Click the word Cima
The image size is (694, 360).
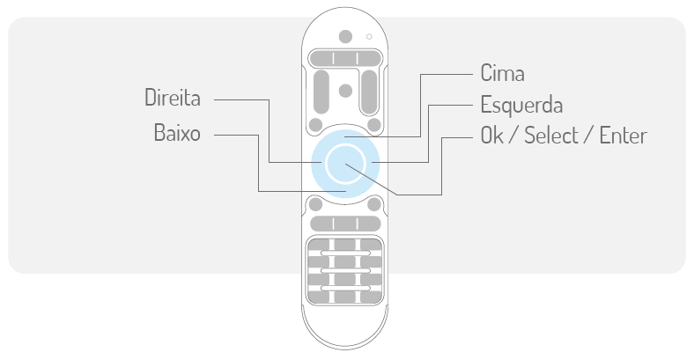pos(503,72)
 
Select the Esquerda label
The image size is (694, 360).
pos(521,104)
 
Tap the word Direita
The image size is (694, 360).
pos(173,98)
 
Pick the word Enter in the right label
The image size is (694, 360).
pos(623,136)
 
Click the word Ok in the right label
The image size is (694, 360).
pos(494,136)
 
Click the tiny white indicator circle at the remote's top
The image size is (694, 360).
pos(369,37)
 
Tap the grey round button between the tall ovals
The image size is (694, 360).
pos(345,89)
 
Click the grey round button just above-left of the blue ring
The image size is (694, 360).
pos(315,123)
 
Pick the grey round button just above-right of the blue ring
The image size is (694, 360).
pos(375,123)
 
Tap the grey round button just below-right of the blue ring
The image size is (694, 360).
pos(375,204)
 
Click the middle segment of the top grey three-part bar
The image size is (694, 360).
pos(345,59)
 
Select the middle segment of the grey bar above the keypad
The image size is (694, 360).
pos(345,223)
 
